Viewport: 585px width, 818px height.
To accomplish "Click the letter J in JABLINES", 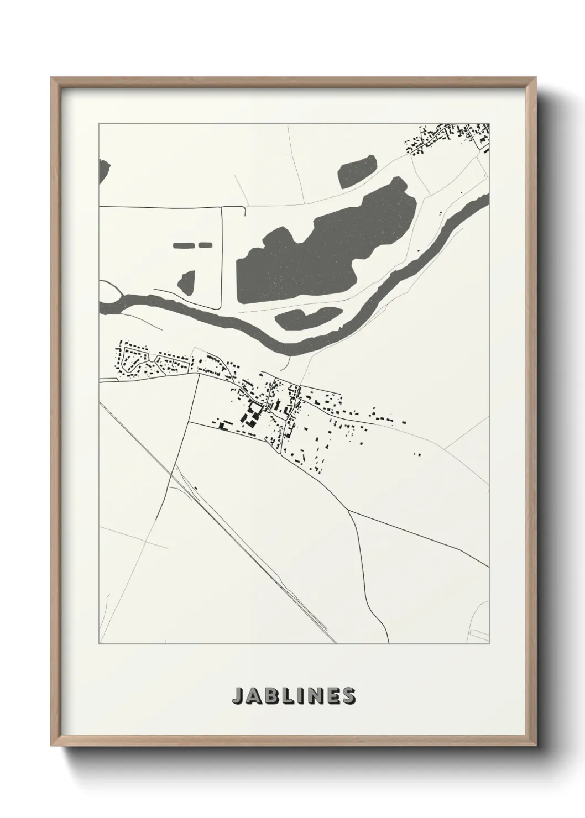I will coord(237,696).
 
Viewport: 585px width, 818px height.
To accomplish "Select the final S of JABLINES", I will coord(348,696).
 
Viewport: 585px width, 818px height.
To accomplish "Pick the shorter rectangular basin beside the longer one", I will coord(205,244).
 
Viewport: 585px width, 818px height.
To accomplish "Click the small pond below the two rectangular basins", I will coord(187,284).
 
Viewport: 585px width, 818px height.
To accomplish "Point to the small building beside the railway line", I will coord(196,488).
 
